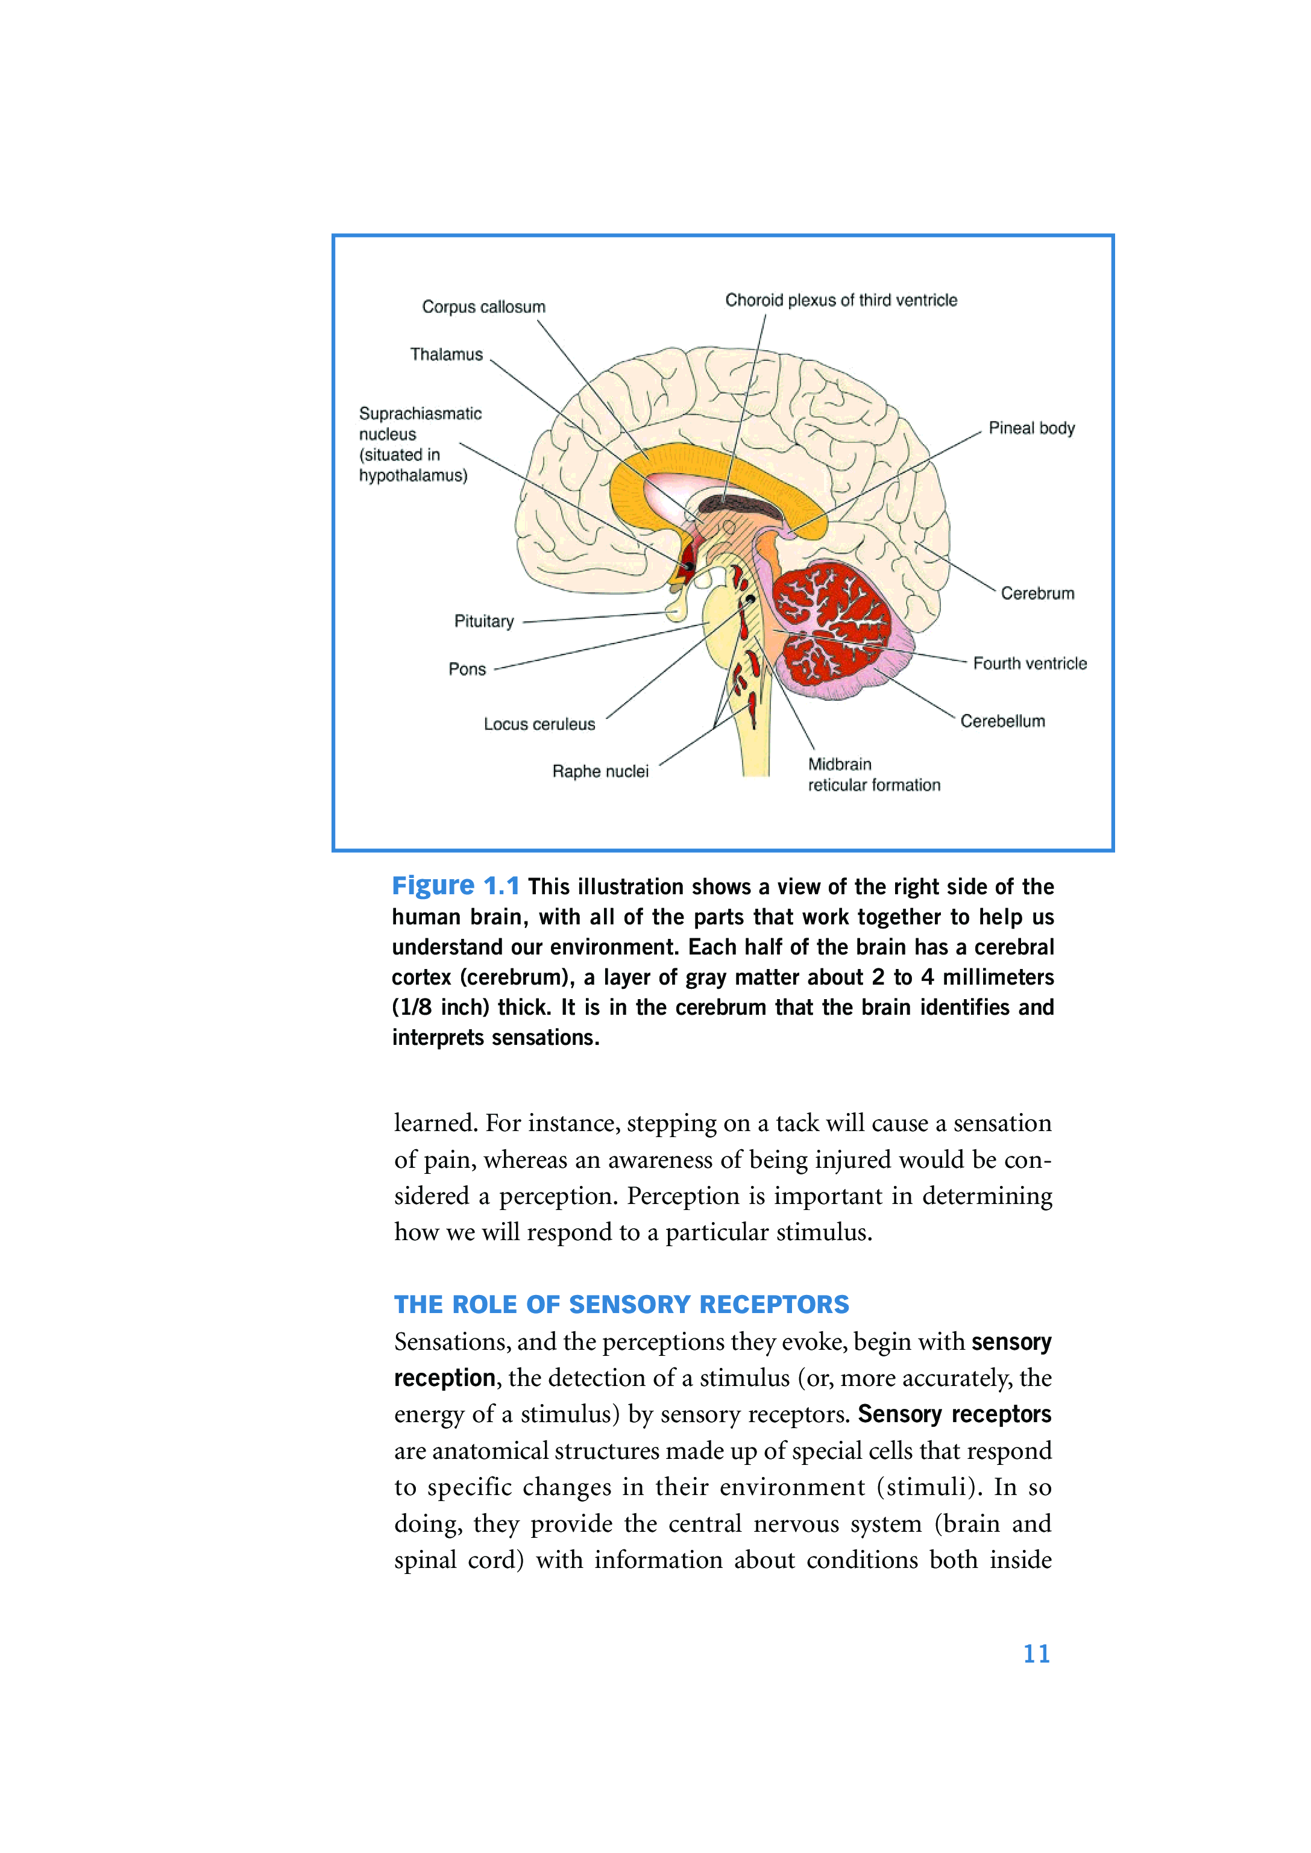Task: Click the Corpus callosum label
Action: coord(483,307)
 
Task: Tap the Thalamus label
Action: coord(447,354)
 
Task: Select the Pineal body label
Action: coord(1032,428)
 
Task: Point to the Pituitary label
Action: coord(483,621)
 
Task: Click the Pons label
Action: coord(467,669)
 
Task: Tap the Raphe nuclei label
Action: coord(600,771)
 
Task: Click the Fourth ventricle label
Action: coord(1030,663)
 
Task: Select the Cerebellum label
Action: coord(1002,721)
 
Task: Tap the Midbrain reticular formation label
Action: coord(873,775)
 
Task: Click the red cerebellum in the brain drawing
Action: coord(831,621)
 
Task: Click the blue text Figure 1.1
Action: coord(455,886)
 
